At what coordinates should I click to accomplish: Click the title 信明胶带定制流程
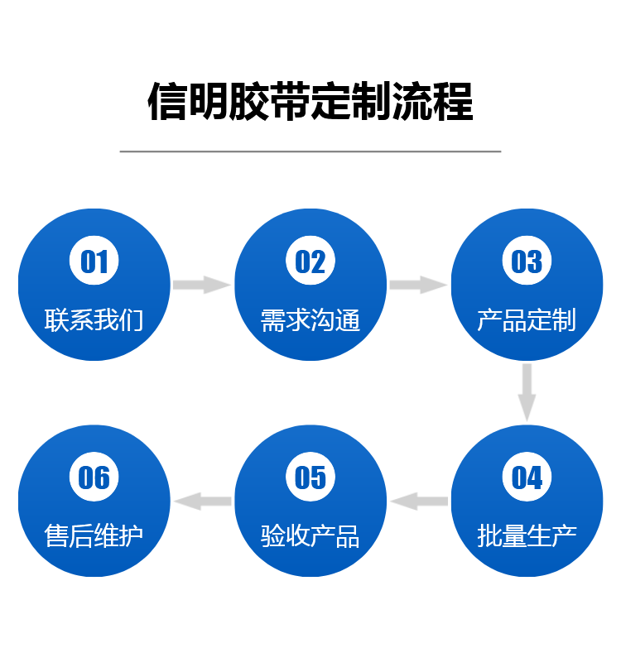click(x=310, y=102)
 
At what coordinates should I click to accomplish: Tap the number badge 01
click(x=94, y=262)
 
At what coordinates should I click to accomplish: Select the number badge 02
click(x=310, y=262)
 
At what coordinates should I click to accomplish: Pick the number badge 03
click(x=527, y=262)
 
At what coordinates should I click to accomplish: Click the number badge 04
click(x=527, y=478)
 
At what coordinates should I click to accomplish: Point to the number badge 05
click(x=310, y=478)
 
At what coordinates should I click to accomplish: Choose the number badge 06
click(x=94, y=478)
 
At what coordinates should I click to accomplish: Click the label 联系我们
click(x=94, y=319)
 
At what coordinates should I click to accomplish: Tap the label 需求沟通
click(x=310, y=319)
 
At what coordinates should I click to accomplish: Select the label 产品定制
click(x=527, y=319)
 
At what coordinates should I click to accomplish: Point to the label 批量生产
click(x=527, y=535)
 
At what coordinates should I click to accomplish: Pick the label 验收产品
click(x=310, y=535)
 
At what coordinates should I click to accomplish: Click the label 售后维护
click(x=94, y=535)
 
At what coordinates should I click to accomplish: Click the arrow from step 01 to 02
click(x=202, y=285)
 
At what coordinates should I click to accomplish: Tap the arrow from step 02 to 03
click(x=418, y=285)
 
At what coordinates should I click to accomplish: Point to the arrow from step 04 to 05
click(x=419, y=501)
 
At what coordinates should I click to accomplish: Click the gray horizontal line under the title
click(x=310, y=151)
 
